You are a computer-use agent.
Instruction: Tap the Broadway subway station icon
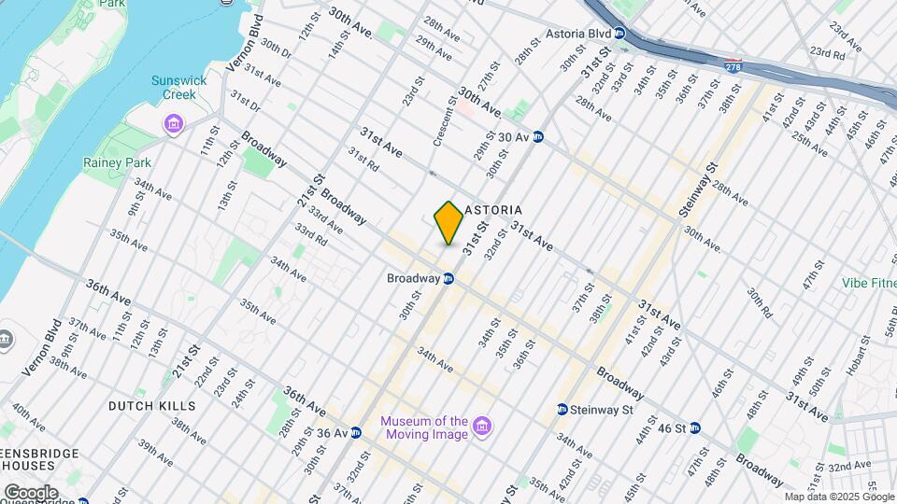pos(448,278)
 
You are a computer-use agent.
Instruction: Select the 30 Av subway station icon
pos(538,137)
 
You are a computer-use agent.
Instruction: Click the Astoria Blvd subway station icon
pos(619,34)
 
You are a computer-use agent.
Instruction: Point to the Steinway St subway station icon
pos(562,410)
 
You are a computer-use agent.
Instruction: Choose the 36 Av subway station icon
pos(355,433)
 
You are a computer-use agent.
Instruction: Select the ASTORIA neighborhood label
pos(492,210)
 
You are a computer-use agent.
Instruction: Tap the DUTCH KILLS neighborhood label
pos(152,406)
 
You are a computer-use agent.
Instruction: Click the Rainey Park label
pos(130,162)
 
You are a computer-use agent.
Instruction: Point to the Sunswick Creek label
pos(173,87)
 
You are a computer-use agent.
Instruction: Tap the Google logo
pos(31,492)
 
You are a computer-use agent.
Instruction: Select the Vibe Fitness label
pos(858,283)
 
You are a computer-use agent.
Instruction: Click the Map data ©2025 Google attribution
pos(839,497)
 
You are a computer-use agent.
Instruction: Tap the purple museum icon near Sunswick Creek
pos(173,123)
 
